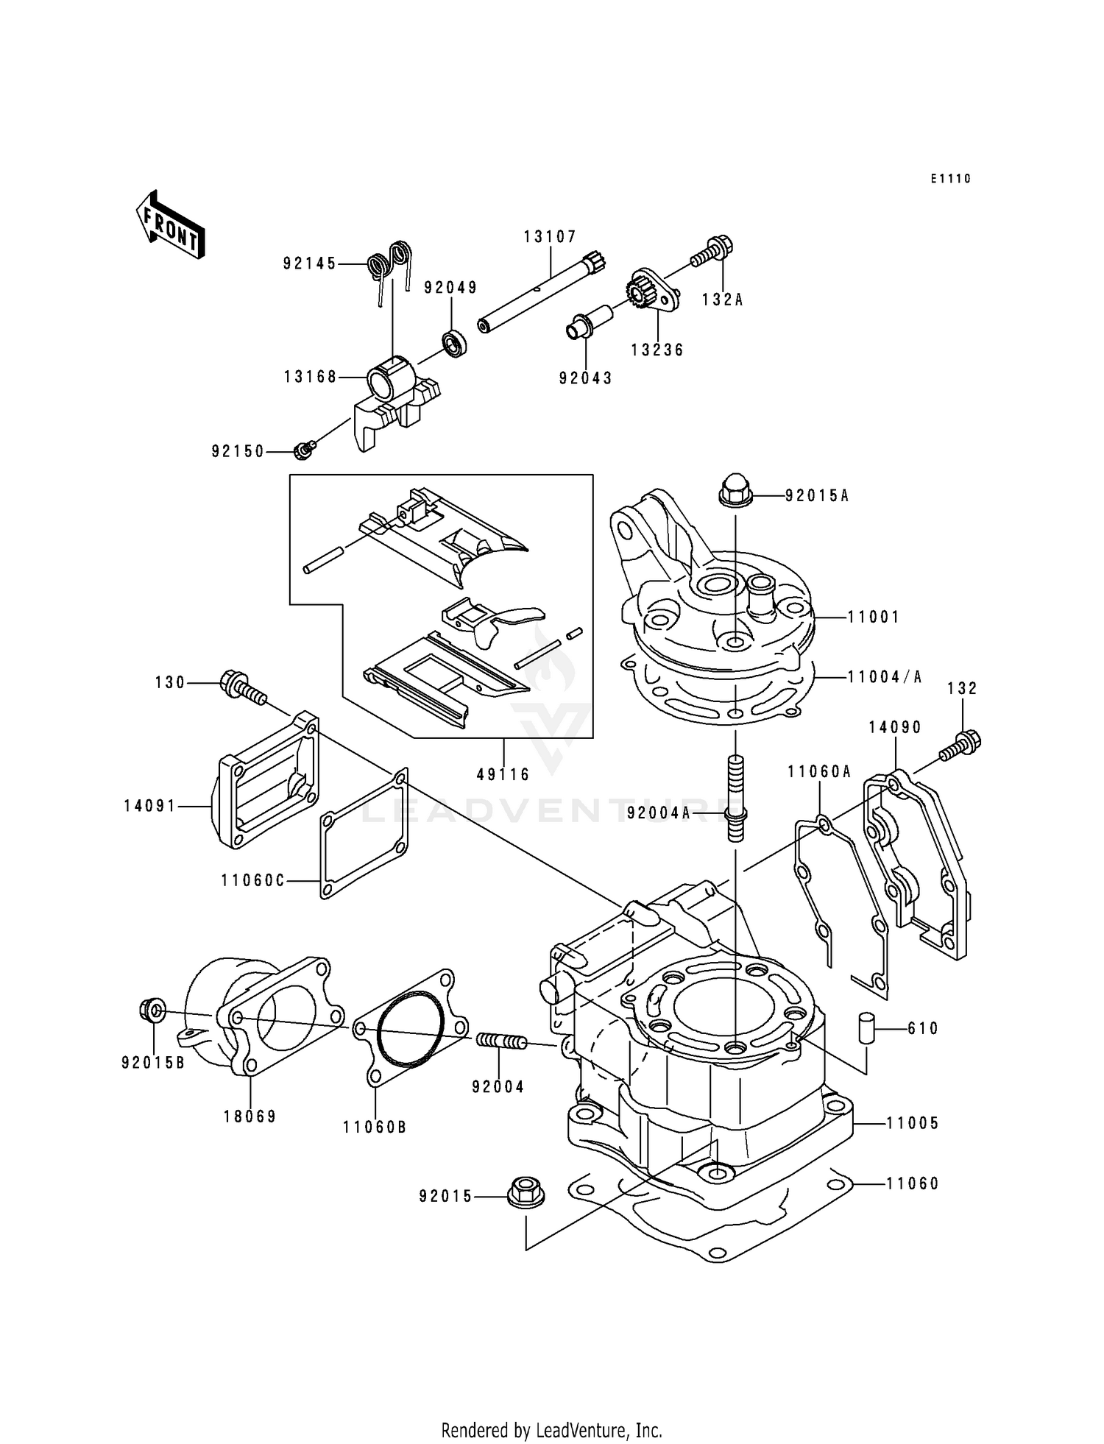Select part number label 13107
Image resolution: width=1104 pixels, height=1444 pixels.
(550, 237)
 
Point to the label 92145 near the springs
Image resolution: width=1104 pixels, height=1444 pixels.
(309, 263)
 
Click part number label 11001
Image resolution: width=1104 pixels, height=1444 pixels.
(873, 617)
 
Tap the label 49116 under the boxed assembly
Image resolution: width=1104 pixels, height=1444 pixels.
(503, 775)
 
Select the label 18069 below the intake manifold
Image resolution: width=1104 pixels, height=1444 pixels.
(250, 1116)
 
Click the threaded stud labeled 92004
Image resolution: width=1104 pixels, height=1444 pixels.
(501, 1041)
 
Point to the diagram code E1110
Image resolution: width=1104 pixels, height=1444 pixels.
(950, 179)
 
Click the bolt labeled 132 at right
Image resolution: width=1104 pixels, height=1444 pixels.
(961, 743)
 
